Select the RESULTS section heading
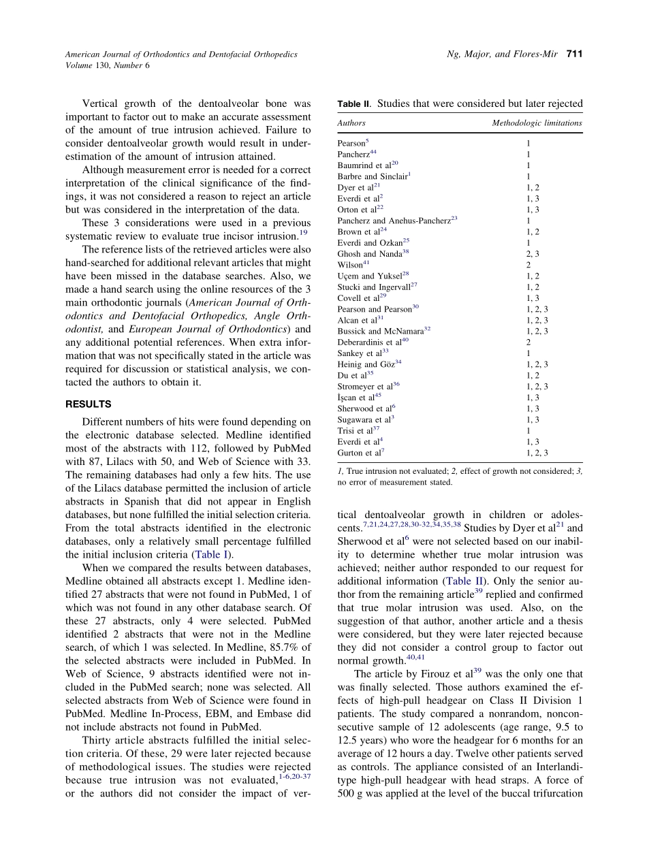tap(88, 404)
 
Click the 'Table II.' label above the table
tap(353, 104)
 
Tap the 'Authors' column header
tap(351, 123)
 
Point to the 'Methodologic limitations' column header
tap(537, 123)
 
